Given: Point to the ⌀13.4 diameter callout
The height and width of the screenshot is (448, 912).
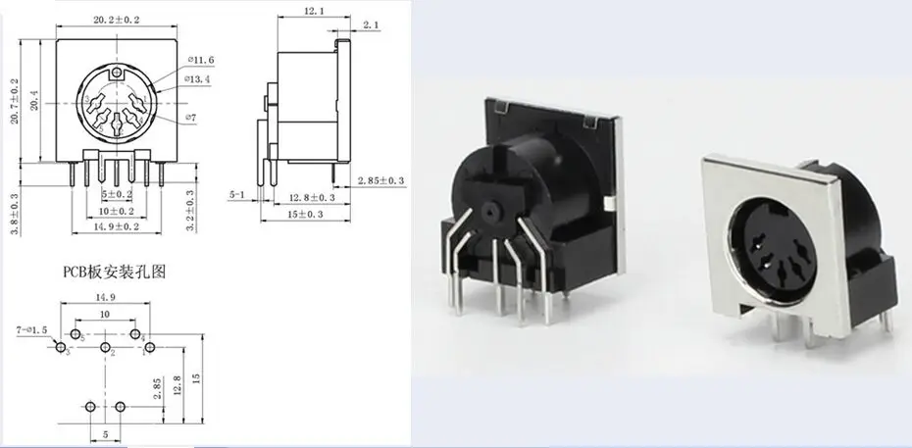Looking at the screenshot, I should [x=198, y=80].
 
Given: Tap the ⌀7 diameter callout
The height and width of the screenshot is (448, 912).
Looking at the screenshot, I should [x=193, y=119].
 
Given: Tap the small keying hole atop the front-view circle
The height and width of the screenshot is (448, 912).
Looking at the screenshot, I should [x=118, y=74].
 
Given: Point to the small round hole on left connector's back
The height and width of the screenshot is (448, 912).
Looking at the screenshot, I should [x=487, y=211].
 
